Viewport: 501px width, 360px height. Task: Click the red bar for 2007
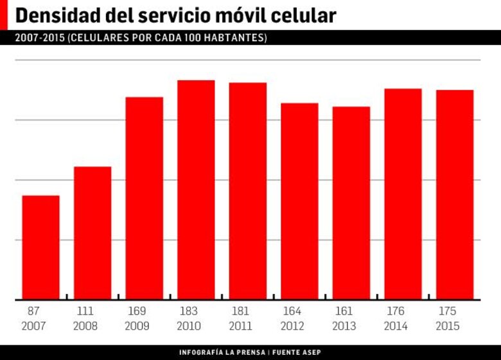[x=41, y=247]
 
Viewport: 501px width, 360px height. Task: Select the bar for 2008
[x=92, y=233]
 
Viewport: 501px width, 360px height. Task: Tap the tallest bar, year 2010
[x=196, y=190]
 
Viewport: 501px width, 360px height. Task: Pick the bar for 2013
[x=351, y=203]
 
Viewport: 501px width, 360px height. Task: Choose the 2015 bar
[x=455, y=194]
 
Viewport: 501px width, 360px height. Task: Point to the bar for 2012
[x=299, y=201]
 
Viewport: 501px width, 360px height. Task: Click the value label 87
[x=33, y=311]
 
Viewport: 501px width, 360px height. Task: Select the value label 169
[x=137, y=311]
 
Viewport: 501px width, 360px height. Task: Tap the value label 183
[x=188, y=311]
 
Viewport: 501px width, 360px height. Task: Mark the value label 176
[x=396, y=311]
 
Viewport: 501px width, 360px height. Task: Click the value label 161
[x=344, y=311]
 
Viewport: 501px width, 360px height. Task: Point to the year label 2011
[x=240, y=326]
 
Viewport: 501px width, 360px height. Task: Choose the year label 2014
[x=396, y=326]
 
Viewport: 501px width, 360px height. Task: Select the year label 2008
[x=85, y=326]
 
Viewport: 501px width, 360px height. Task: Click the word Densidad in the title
[x=55, y=15]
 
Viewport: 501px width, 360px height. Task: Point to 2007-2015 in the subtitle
[x=39, y=38]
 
